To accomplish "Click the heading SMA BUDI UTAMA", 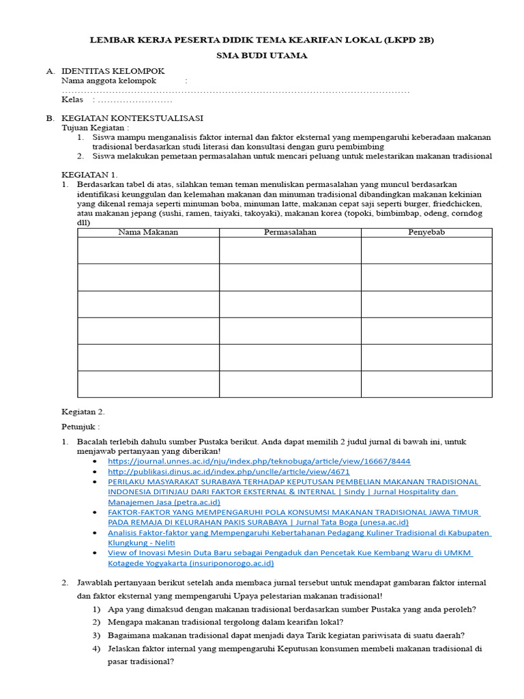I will point(262,55).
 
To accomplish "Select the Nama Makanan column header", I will point(148,233).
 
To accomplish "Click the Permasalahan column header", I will point(290,233).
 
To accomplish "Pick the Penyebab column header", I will point(426,233).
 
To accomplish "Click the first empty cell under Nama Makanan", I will point(148,251).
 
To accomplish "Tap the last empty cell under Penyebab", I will point(426,384).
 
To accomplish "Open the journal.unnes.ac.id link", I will point(259,461).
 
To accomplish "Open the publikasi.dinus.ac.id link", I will point(229,472).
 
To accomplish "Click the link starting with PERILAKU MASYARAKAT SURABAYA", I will point(293,482).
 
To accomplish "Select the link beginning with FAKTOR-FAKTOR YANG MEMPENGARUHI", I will point(293,513).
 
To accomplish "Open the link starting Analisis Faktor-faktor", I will point(299,533).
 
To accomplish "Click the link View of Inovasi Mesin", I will point(290,554).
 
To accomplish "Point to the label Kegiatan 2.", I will point(83,412).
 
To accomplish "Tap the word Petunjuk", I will point(79,427).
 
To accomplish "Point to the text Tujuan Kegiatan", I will point(95,128).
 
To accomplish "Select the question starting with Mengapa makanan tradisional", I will point(225,622).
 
